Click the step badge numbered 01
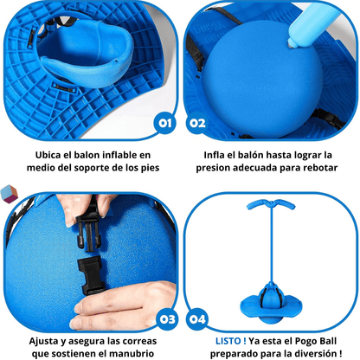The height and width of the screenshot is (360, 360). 161,123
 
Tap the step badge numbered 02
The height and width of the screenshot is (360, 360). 198,123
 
